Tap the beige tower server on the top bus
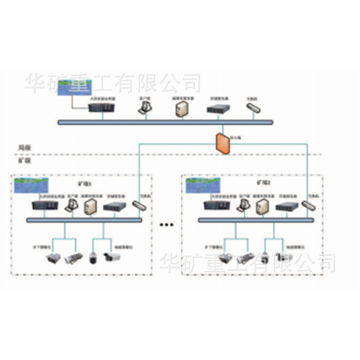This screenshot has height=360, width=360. click(182, 108)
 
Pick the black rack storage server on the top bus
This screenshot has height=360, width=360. click(218, 109)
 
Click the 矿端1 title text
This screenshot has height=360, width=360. click(85, 183)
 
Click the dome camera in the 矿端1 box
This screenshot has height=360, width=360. click(93, 258)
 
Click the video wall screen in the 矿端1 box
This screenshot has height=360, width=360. click(31, 185)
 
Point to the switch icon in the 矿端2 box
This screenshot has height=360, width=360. click(309, 205)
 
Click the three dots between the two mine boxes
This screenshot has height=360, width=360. click(167, 224)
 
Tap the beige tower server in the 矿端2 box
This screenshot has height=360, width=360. click(261, 207)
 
